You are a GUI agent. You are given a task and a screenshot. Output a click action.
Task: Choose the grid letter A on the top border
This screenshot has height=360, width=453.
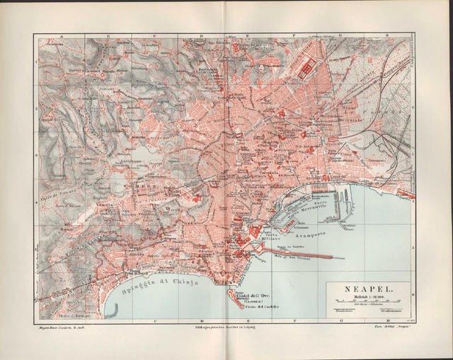62,35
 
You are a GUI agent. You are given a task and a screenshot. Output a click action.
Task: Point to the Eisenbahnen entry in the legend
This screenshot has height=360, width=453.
343,310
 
